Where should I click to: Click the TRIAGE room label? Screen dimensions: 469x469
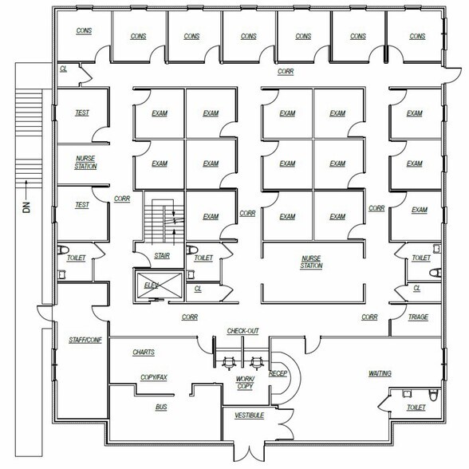tap(417, 317)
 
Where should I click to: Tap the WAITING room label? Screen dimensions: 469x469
tap(379, 373)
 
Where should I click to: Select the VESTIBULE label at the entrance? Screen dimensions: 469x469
tap(249, 416)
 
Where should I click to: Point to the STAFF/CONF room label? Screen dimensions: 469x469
tap(81, 341)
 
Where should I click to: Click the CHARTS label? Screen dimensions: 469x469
tap(144, 352)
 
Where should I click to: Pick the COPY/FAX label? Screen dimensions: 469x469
tap(154, 377)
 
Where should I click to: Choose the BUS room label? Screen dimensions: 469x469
tap(161, 407)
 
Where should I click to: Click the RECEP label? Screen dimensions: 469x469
tap(278, 372)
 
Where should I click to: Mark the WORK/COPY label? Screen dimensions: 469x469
tap(244, 382)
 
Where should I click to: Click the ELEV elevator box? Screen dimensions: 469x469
tap(152, 285)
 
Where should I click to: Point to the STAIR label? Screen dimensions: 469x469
tap(161, 256)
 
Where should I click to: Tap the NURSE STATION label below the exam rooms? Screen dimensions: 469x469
tap(311, 262)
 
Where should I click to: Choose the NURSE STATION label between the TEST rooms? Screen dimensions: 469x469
tap(85, 162)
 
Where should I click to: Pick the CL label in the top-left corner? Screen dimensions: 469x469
tap(63, 69)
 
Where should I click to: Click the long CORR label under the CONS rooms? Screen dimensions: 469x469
tap(285, 71)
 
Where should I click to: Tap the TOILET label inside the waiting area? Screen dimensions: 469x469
tap(416, 408)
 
